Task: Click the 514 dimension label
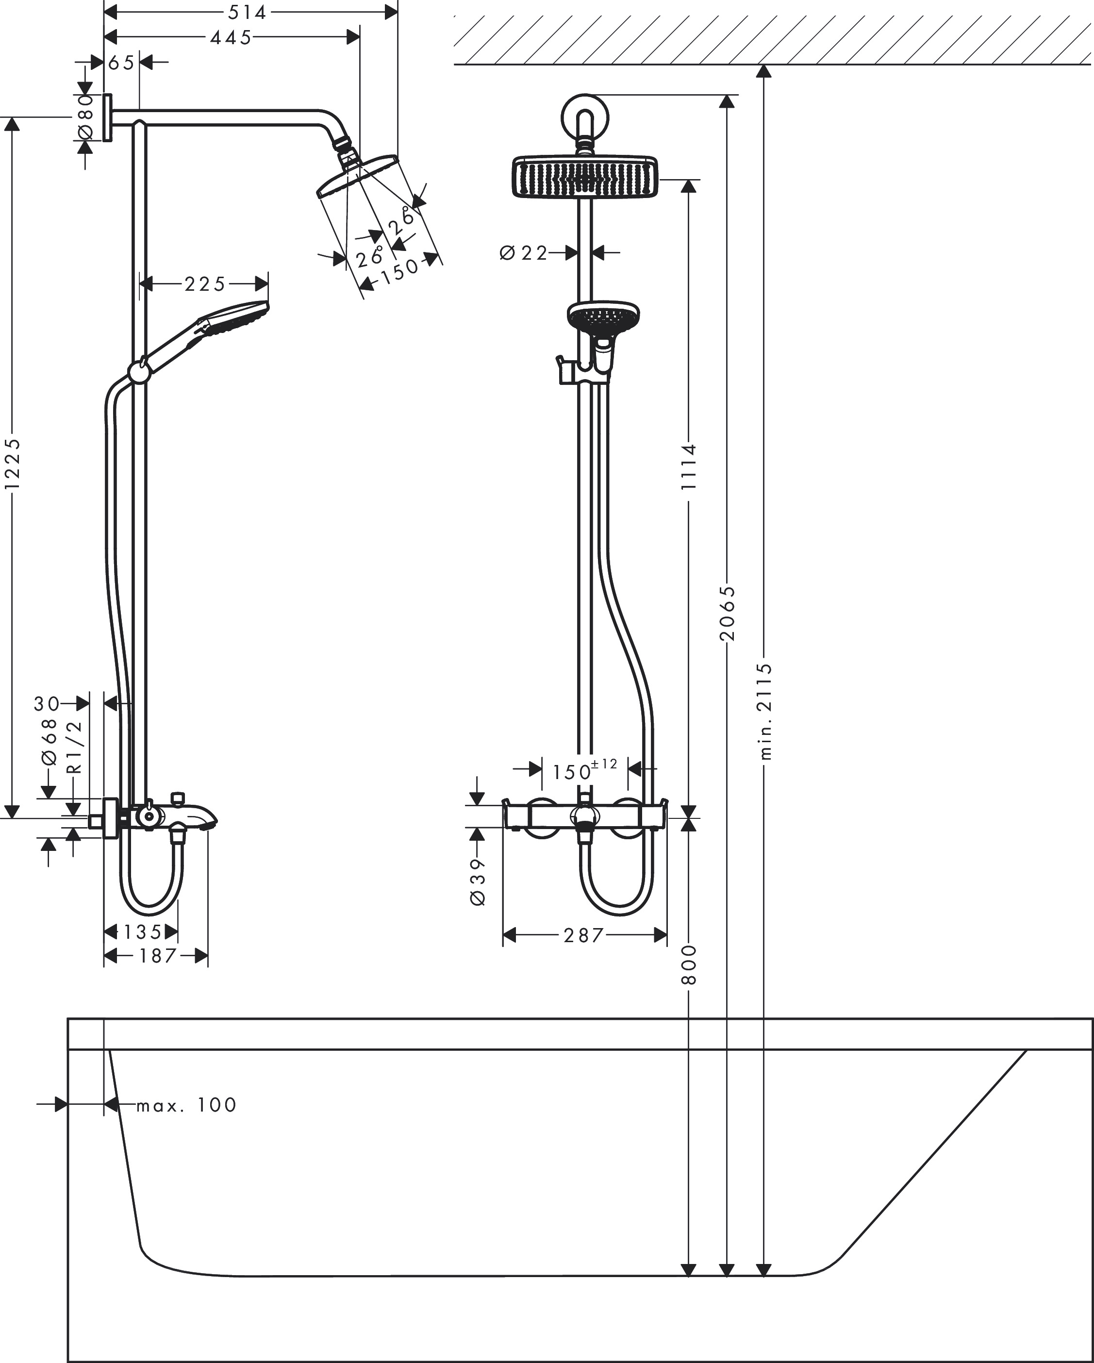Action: (247, 12)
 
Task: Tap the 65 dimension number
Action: (121, 63)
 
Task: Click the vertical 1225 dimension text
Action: (13, 464)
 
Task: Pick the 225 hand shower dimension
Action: (205, 284)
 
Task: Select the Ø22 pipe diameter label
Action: (523, 253)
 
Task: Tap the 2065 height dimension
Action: (728, 613)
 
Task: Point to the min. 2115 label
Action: (765, 711)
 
